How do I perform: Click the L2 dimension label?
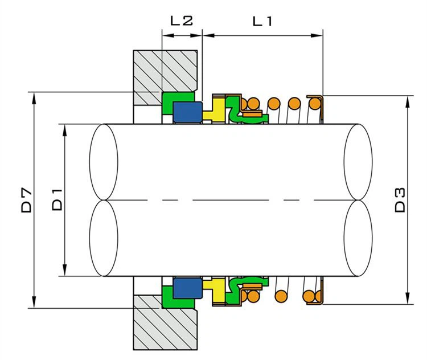182,21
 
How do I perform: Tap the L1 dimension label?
262,21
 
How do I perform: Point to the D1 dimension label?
58,200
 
